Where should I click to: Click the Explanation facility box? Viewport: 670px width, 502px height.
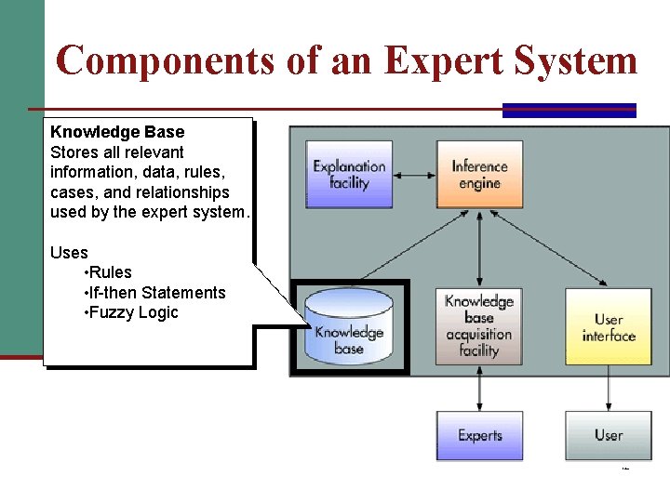349,174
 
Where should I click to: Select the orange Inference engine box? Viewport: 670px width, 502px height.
479,174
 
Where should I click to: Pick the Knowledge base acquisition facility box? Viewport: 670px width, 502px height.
479,325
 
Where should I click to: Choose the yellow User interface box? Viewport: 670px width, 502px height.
609,326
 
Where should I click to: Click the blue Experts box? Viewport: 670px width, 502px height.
479,435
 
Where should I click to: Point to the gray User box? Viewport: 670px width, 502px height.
609,435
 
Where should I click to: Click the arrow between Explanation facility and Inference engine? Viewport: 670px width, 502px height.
414,174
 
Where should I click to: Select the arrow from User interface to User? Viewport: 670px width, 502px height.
609,388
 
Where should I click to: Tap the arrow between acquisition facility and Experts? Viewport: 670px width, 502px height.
479,388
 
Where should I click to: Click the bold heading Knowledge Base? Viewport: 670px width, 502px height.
117,132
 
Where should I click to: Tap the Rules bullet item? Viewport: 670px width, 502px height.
110,272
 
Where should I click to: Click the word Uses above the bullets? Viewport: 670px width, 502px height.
69,253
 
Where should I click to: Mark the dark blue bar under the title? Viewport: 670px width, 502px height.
569,111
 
